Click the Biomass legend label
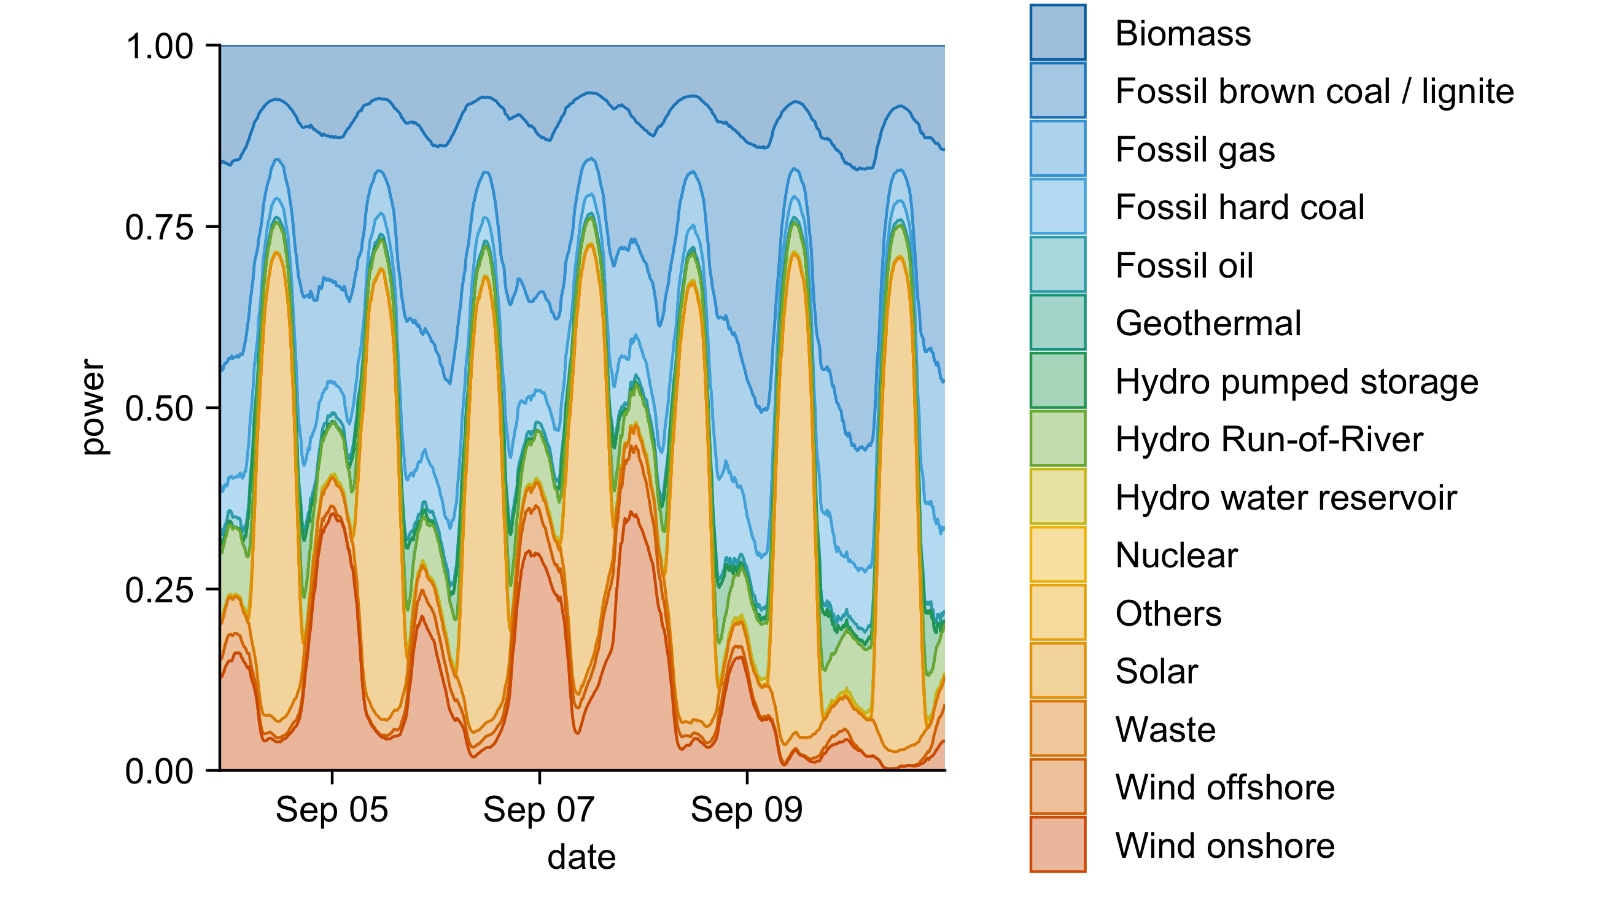(x=1182, y=33)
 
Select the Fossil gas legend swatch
(x=1057, y=148)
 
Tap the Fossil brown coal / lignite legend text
(x=1313, y=91)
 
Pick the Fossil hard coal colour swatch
(x=1057, y=206)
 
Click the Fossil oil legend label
(x=1183, y=265)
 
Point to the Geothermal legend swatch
(x=1057, y=322)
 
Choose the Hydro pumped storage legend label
(x=1296, y=381)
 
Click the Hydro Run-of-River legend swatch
(x=1057, y=438)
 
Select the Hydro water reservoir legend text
(x=1285, y=497)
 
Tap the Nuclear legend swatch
(x=1057, y=555)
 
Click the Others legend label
(x=1167, y=613)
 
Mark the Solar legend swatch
(x=1057, y=670)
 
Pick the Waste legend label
(x=1165, y=729)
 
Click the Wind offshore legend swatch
(x=1057, y=787)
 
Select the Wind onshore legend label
(x=1224, y=845)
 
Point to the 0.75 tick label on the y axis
(x=159, y=227)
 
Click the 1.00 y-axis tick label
(x=159, y=46)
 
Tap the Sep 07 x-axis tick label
(x=539, y=809)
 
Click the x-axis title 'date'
(x=581, y=857)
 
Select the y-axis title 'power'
(x=93, y=406)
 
